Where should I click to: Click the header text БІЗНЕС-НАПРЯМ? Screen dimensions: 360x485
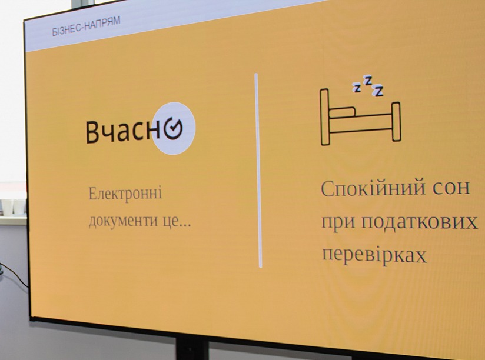pos(86,26)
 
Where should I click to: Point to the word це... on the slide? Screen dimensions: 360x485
pos(175,222)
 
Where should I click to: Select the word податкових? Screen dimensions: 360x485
pos(419,222)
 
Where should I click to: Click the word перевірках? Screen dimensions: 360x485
pos(374,255)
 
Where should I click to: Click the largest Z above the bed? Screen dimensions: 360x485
pos(378,91)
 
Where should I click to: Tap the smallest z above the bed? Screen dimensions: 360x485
pos(357,88)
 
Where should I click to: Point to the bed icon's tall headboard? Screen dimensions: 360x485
pos(324,116)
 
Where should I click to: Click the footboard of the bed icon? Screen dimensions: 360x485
pos(396,122)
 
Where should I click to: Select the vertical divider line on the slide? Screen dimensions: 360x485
pos(258,171)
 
